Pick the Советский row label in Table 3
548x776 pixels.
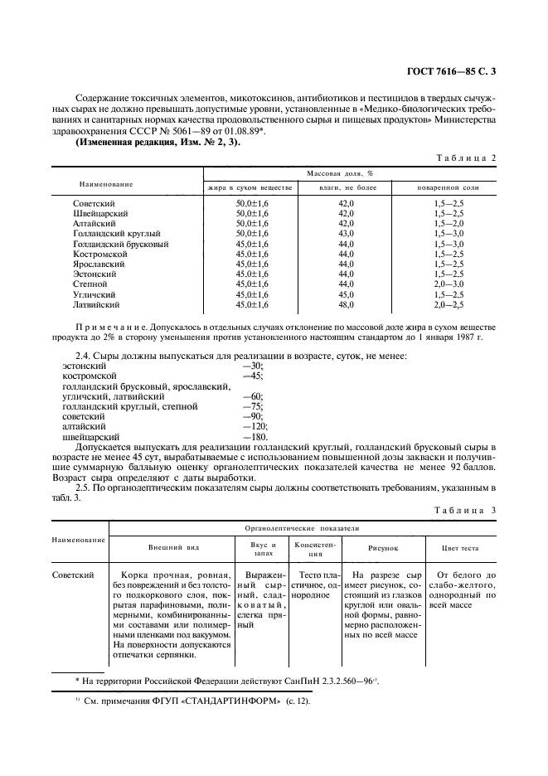(72, 574)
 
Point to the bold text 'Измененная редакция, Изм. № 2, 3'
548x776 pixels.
(139, 143)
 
